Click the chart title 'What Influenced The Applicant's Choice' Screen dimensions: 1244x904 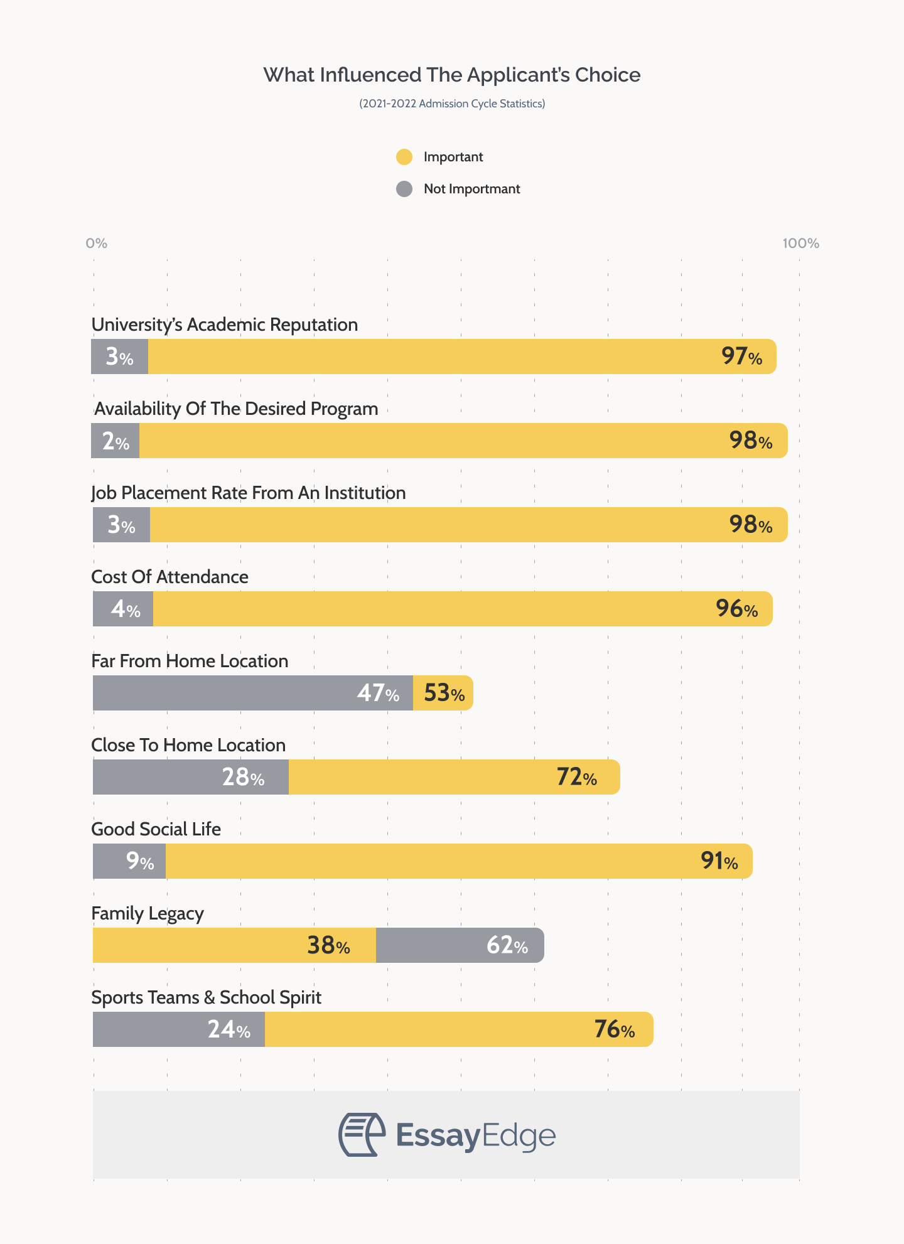click(x=451, y=75)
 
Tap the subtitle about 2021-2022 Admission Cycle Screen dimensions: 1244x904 click(x=451, y=104)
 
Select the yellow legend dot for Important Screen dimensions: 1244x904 click(x=404, y=157)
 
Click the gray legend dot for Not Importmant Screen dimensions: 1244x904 click(x=404, y=189)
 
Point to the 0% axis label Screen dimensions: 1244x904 click(x=97, y=243)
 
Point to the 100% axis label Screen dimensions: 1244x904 click(x=800, y=243)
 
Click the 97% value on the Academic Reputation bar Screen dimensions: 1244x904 click(x=741, y=357)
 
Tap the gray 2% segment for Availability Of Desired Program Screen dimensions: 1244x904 click(x=116, y=441)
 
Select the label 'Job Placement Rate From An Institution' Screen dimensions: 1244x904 click(x=249, y=493)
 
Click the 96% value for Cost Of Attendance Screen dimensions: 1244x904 click(x=736, y=609)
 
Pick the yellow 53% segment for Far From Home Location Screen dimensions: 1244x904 click(x=443, y=693)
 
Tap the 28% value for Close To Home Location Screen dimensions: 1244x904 click(x=243, y=778)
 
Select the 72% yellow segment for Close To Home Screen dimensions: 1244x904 click(x=453, y=777)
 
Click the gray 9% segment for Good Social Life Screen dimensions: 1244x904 click(x=129, y=861)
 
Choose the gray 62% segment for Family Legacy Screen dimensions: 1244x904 click(x=460, y=945)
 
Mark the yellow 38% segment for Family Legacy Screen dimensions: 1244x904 click(x=234, y=945)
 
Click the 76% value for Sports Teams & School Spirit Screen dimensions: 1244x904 click(x=614, y=1029)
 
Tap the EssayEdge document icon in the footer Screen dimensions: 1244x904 click(x=362, y=1135)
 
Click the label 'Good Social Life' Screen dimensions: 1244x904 click(x=156, y=829)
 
